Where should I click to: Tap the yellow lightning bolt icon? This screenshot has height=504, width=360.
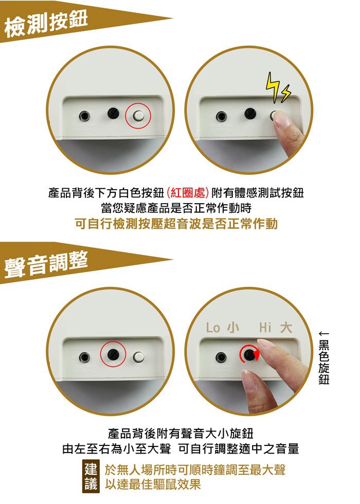278,87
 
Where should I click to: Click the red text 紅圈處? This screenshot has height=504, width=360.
187,193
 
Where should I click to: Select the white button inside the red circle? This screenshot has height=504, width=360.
138,115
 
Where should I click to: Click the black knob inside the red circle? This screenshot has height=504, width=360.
113,354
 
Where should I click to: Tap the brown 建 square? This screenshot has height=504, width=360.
91,469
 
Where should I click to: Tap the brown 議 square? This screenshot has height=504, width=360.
91,484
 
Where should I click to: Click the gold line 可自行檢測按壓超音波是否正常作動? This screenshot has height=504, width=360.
176,224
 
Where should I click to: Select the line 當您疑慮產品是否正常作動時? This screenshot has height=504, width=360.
176,208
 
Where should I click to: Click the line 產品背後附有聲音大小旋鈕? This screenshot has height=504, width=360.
181,433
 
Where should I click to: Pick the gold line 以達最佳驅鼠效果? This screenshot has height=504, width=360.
153,484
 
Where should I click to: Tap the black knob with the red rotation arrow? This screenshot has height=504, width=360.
249,354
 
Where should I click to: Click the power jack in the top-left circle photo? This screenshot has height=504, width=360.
84,115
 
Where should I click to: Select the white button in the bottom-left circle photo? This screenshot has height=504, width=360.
138,356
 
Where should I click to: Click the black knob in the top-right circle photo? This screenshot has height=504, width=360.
250,114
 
